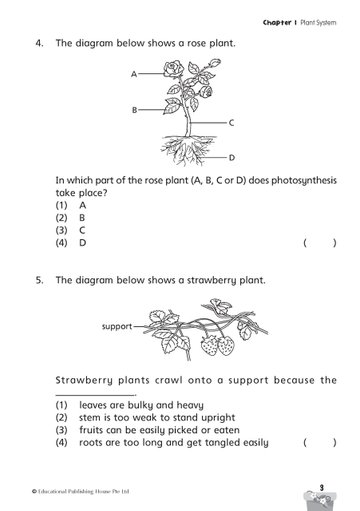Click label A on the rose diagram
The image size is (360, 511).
tap(134, 74)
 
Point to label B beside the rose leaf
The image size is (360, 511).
tap(134, 110)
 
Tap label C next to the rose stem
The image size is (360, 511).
tap(231, 123)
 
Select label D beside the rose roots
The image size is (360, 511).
tap(232, 157)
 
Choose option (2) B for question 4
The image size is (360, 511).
tap(70, 218)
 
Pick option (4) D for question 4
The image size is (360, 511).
tap(71, 243)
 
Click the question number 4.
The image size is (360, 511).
tap(39, 43)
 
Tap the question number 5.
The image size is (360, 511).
tap(39, 280)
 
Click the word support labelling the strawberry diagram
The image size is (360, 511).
tap(117, 326)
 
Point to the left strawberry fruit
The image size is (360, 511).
tap(209, 345)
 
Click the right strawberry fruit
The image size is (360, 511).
tap(226, 345)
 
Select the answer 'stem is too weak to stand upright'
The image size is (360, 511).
tap(157, 418)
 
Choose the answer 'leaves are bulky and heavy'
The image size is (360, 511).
tap(141, 405)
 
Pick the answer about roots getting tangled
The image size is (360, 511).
tap(174, 443)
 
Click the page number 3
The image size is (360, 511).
tap(322, 488)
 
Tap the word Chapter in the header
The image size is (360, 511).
tap(277, 23)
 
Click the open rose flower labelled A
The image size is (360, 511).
tap(173, 69)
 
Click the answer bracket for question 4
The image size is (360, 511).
tap(320, 243)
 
